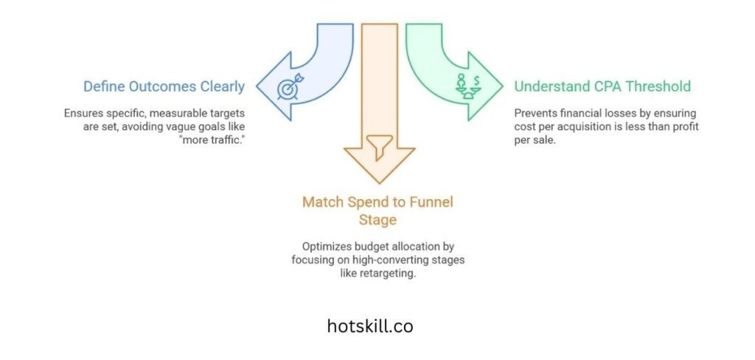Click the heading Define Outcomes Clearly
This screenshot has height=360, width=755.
[164, 86]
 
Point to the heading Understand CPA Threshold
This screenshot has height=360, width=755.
[602, 86]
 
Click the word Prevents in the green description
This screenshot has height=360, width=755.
[537, 114]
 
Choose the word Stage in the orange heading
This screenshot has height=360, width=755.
[379, 220]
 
